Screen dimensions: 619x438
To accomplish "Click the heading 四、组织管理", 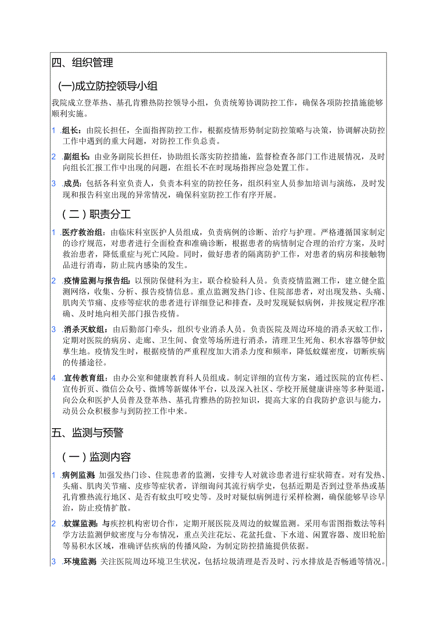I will pyautogui.click(x=82, y=63).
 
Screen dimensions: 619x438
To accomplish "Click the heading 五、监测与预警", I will pyautogui.click(x=87, y=432).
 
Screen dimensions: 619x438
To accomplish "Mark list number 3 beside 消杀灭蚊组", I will pyautogui.click(x=54, y=330).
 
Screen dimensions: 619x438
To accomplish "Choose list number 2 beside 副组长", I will pyautogui.click(x=54, y=157).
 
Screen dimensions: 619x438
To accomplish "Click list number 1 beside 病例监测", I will pyautogui.click(x=54, y=475).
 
